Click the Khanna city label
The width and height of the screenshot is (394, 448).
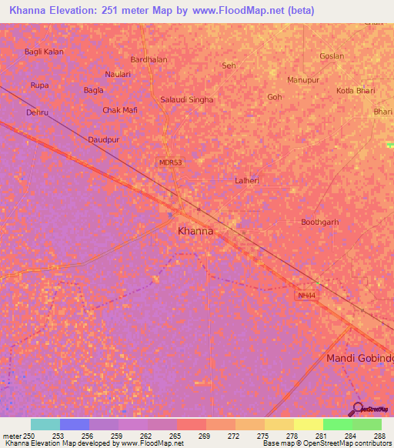tap(195, 230)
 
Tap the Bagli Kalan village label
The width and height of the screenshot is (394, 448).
tap(44, 52)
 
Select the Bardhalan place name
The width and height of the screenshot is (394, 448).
tap(149, 59)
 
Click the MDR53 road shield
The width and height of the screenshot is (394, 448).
tap(170, 162)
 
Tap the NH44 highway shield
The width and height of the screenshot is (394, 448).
tap(306, 295)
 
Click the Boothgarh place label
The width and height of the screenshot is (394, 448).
tap(319, 222)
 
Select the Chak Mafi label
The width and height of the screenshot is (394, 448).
tap(120, 110)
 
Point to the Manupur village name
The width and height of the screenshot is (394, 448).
tap(302, 80)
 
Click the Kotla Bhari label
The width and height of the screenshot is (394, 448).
tap(356, 91)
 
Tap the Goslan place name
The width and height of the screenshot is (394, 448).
tap(332, 56)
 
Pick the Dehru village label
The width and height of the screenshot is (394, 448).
tap(37, 112)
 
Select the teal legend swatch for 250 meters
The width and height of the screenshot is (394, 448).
tap(45, 424)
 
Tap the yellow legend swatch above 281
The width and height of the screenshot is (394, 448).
tap(308, 424)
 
